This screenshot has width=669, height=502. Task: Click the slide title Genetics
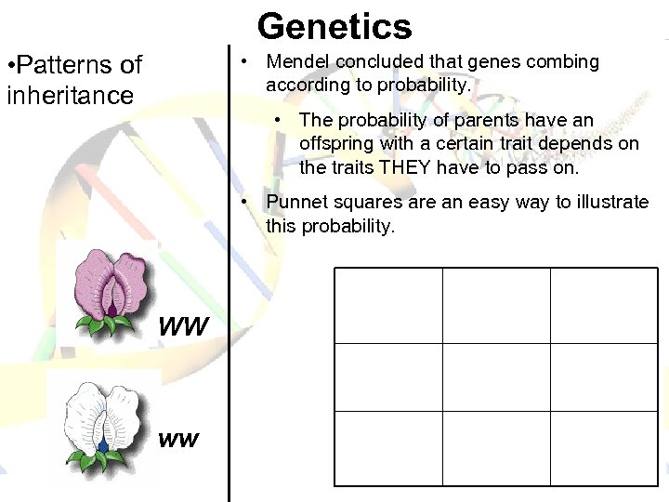tap(334, 25)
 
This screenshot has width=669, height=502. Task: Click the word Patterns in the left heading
tap(56, 65)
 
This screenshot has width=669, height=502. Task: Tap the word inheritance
tap(70, 95)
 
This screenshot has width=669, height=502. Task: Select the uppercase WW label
tap(184, 328)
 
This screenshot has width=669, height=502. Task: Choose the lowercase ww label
tap(178, 440)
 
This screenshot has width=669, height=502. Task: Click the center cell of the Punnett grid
tap(496, 377)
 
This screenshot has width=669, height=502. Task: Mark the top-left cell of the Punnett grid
tap(388, 306)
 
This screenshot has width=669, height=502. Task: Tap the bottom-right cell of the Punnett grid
tap(604, 448)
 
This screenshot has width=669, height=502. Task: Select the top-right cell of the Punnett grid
tap(604, 306)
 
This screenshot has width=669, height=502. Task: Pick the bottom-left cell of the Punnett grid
tap(388, 448)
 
